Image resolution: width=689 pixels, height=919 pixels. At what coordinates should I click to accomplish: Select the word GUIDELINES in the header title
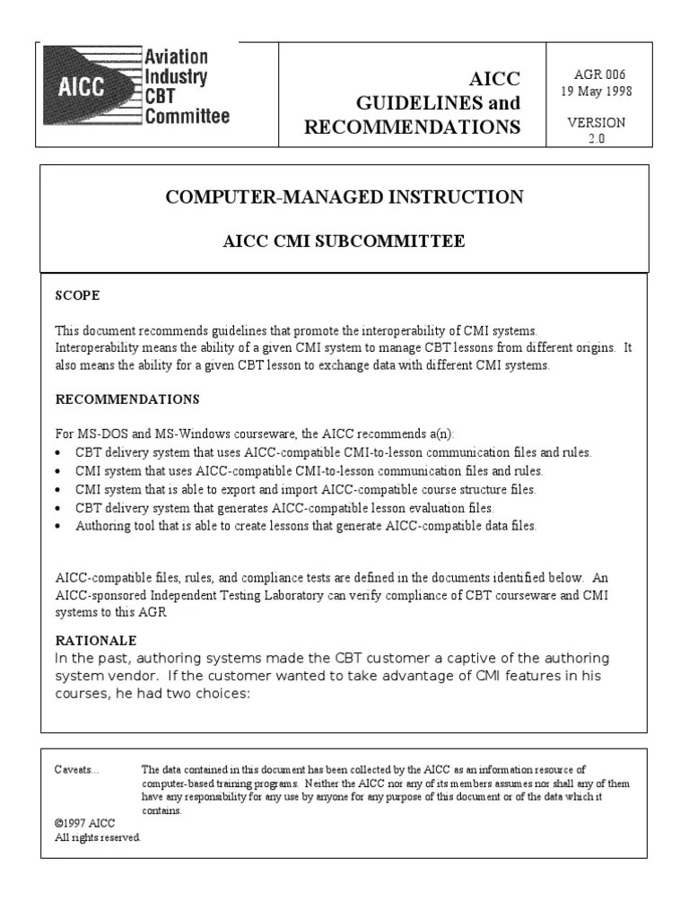coord(412,102)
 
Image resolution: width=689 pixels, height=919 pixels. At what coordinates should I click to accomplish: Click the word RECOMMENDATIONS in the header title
coord(412,127)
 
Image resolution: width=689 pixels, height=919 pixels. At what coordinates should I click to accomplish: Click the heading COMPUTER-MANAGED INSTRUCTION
coord(344,197)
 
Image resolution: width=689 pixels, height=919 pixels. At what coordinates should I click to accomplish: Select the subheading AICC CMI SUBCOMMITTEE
coord(344,241)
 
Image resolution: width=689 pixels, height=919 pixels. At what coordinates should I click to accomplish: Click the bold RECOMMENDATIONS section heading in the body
coord(127,398)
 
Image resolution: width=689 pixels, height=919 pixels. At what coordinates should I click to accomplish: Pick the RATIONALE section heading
coord(96,640)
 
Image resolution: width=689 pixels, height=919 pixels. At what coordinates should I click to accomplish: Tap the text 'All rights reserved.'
coord(98,837)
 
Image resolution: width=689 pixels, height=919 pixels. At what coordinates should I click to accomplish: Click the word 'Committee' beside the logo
coord(188,116)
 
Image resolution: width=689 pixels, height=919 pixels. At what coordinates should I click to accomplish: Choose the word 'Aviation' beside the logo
coord(177,57)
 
